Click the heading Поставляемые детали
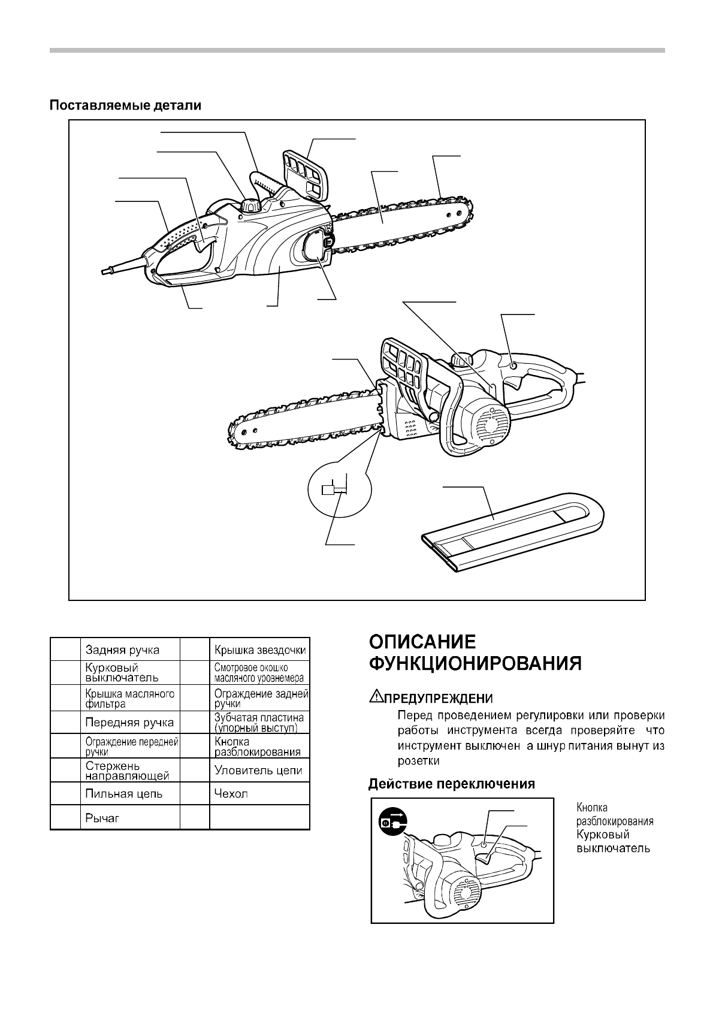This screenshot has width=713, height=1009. (x=125, y=105)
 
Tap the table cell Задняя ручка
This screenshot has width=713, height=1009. (x=122, y=649)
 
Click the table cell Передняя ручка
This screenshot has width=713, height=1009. (x=129, y=722)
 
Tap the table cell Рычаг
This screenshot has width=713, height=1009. (x=102, y=818)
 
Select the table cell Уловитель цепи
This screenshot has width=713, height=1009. (x=258, y=771)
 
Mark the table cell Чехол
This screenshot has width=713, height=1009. (x=231, y=794)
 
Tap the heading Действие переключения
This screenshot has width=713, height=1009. (x=451, y=784)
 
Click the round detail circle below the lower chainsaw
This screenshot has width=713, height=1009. (x=339, y=490)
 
